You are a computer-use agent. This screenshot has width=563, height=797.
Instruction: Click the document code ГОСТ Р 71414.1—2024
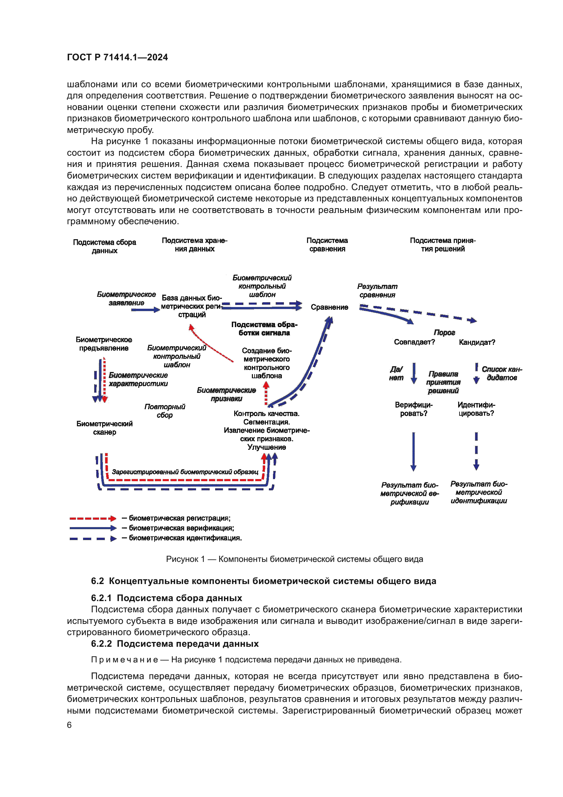click(117, 57)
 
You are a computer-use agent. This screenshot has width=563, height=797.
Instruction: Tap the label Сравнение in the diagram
click(329, 307)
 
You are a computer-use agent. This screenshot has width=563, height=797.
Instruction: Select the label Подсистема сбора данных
click(104, 246)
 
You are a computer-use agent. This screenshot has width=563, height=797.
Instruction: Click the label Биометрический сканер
click(104, 428)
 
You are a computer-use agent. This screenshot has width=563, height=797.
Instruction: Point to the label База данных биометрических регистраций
click(192, 306)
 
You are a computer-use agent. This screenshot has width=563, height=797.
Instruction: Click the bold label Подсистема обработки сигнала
click(264, 329)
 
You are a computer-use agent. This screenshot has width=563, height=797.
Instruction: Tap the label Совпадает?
click(414, 342)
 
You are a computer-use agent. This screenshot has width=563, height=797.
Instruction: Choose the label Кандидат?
click(477, 342)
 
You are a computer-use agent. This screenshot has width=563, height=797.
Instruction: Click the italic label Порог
click(444, 333)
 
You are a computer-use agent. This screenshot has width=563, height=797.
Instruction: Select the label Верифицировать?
click(414, 409)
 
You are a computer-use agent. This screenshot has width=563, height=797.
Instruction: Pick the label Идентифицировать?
click(476, 409)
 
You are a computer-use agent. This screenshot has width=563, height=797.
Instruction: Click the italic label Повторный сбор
click(165, 411)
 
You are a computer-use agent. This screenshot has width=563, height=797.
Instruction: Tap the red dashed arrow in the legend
click(93, 519)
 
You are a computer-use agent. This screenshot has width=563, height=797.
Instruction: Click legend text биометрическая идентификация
click(185, 538)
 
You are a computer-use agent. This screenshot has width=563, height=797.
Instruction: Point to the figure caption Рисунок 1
click(294, 559)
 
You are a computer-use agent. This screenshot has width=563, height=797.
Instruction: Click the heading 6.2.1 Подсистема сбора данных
click(166, 598)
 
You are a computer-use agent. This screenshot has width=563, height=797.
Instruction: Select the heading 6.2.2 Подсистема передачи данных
click(175, 644)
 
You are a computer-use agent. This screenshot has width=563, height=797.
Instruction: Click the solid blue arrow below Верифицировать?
click(413, 451)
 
